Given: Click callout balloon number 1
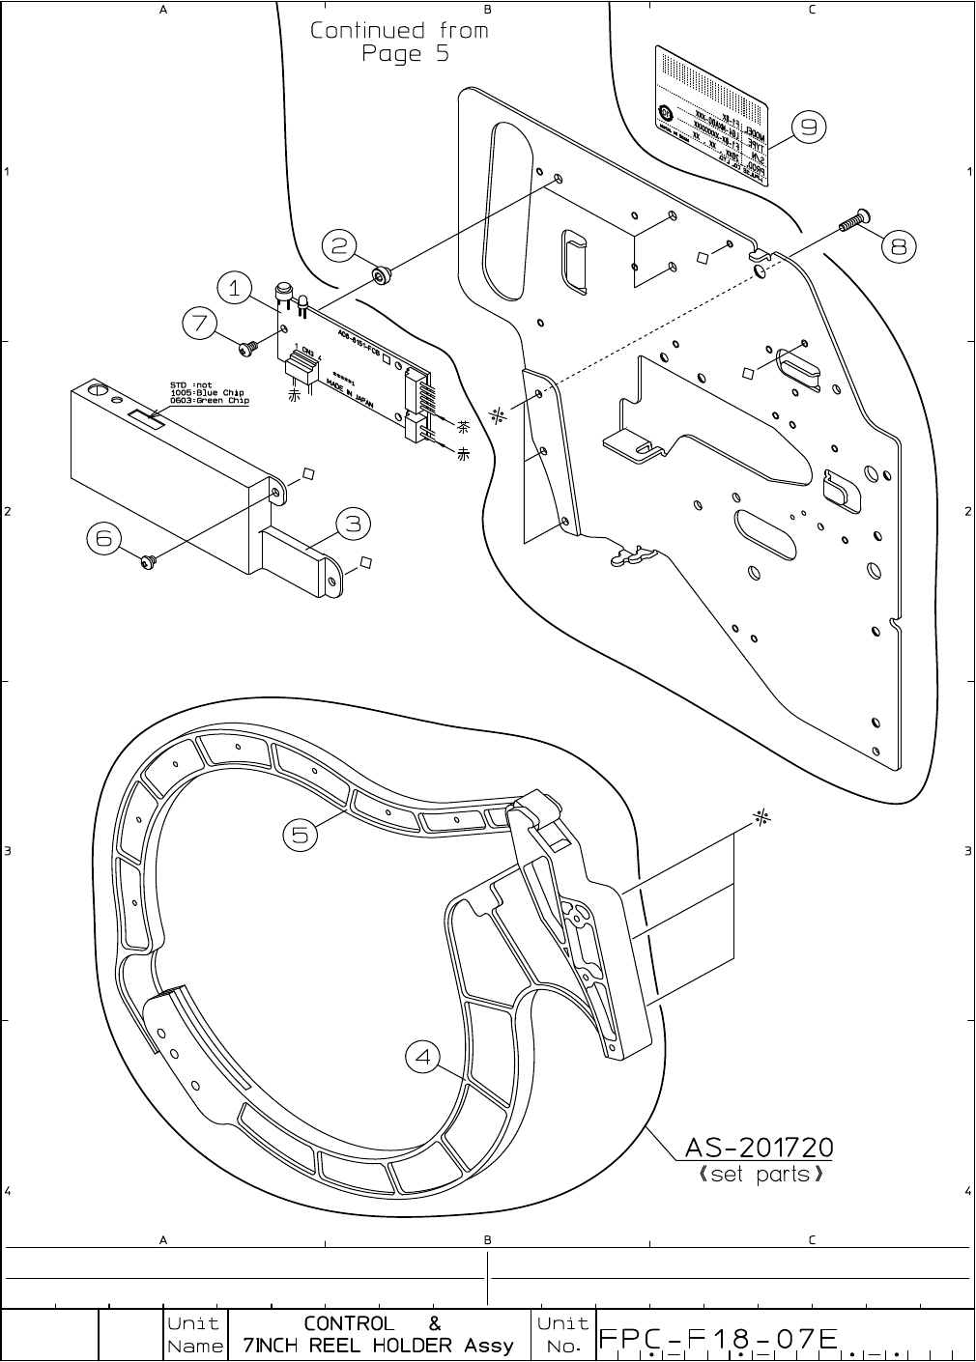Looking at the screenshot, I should (235, 288).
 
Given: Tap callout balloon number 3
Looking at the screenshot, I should (354, 524).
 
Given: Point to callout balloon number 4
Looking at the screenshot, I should (422, 1058).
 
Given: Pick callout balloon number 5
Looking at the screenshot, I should (301, 834).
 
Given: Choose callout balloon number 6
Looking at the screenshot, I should (104, 538).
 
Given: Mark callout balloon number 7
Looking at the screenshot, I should (200, 324).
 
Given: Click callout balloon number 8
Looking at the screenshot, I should (899, 247).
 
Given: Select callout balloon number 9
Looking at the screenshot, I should (809, 126).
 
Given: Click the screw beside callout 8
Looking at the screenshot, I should (851, 221).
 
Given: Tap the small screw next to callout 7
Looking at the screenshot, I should (250, 344).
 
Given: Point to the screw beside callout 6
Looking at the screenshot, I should (148, 560).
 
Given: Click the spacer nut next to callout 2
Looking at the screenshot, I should (383, 277).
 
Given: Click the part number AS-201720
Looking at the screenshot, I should (759, 1148).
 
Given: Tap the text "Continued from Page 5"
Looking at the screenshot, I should (400, 42).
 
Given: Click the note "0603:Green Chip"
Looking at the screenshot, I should (209, 401).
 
